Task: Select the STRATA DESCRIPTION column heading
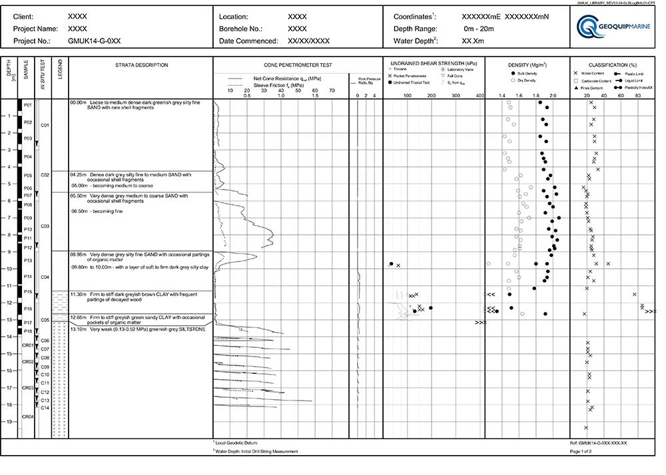(x=141, y=65)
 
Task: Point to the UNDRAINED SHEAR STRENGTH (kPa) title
(x=434, y=63)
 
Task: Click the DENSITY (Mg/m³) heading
(x=527, y=65)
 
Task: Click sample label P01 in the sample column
(x=27, y=105)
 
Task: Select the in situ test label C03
(x=45, y=226)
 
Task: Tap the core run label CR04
(x=27, y=416)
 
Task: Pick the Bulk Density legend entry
(x=527, y=73)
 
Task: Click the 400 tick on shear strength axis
(x=480, y=96)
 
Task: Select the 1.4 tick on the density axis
(x=502, y=96)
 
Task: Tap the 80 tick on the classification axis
(x=637, y=96)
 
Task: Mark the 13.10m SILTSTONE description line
(x=137, y=329)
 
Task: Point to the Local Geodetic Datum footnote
(x=237, y=442)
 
